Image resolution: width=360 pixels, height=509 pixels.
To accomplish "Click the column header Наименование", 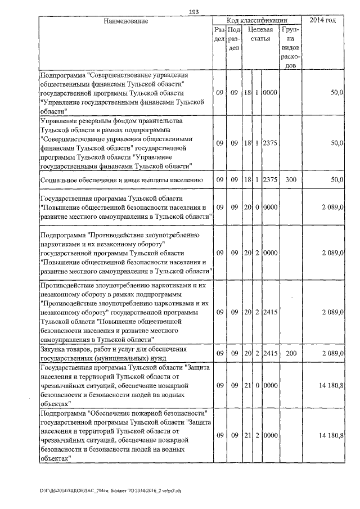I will (125, 21).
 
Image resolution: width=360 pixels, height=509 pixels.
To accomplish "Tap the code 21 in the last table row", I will (246, 436).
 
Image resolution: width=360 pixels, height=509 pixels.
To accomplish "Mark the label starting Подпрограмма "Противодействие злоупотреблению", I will (124, 254).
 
